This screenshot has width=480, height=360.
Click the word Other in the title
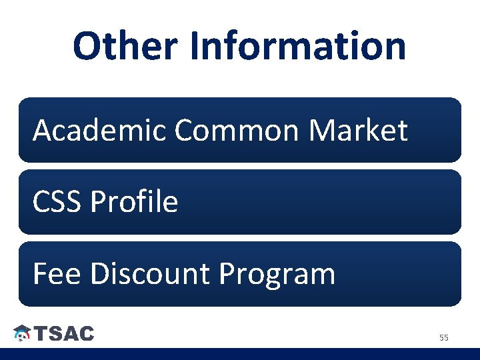tap(125, 47)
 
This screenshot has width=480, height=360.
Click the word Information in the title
tap(298, 47)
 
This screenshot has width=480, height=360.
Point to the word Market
tap(358, 130)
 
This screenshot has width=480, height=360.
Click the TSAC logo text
tap(64, 333)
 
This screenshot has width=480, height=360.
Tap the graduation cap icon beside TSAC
tap(22, 333)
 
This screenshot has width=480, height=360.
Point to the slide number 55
tap(443, 338)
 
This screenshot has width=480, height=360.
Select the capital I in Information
tap(195, 47)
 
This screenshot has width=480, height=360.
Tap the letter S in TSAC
tap(54, 333)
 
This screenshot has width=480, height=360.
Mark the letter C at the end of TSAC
tap(86, 333)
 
